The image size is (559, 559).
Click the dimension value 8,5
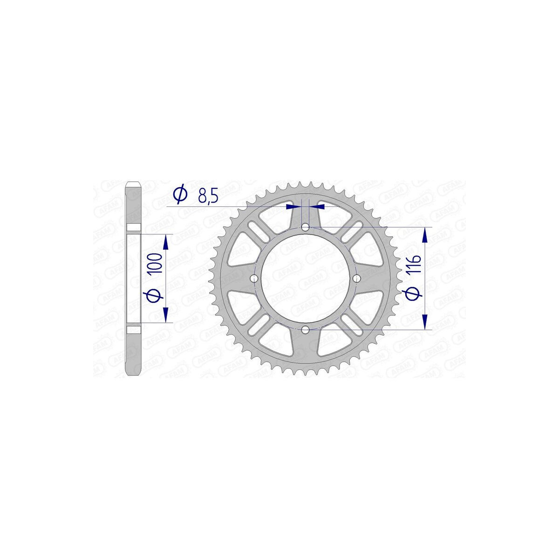(x=208, y=195)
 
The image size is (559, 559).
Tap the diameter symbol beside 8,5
(x=180, y=195)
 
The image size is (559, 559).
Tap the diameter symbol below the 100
(x=156, y=296)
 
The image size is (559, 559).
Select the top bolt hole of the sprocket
(x=306, y=227)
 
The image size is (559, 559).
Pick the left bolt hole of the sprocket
(x=254, y=279)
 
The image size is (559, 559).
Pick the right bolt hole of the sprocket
(x=356, y=279)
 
